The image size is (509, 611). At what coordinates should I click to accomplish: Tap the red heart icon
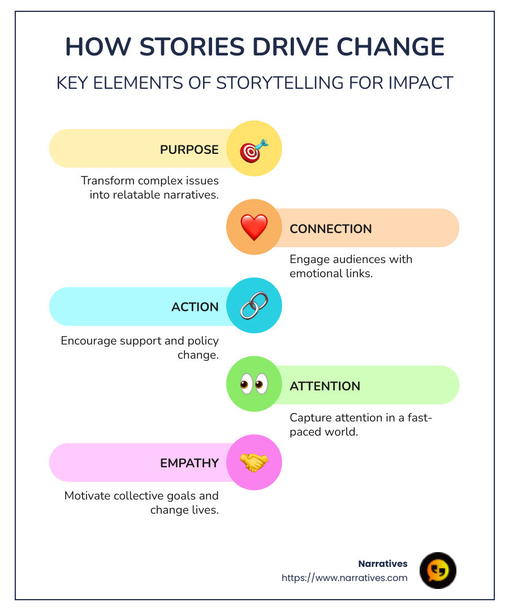(254, 227)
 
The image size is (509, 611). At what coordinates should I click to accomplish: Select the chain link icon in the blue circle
(254, 306)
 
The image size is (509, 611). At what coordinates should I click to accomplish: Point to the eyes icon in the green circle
(254, 385)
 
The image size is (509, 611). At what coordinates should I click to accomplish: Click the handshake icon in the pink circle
(254, 462)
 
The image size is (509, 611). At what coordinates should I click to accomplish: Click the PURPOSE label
(189, 150)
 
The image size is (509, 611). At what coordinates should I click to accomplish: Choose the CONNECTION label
(331, 229)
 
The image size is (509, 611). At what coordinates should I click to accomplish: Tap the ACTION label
(195, 307)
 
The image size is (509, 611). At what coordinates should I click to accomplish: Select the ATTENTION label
(325, 386)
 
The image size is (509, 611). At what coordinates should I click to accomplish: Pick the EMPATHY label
(189, 463)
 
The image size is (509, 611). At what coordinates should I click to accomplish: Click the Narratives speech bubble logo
(438, 570)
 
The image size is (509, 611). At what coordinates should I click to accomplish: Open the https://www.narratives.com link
(344, 578)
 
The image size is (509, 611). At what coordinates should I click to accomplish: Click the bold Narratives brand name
(383, 563)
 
